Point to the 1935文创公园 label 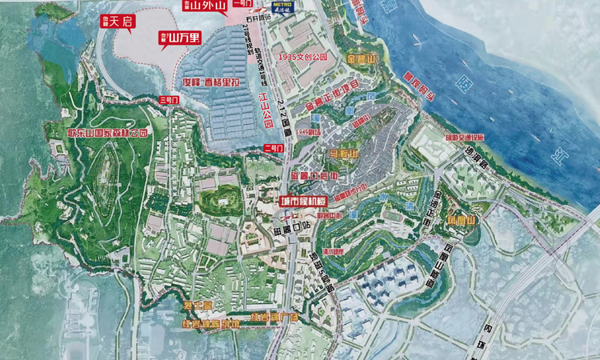click(x=304, y=58)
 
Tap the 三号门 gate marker click(x=170, y=99)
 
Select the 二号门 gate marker click(x=274, y=148)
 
